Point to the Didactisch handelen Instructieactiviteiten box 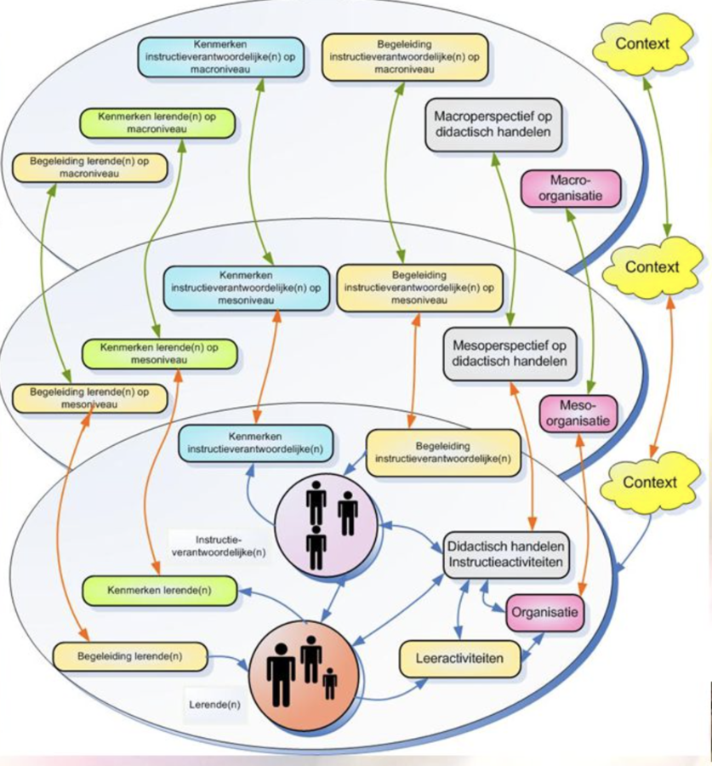(x=505, y=555)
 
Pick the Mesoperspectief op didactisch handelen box (x=510, y=354)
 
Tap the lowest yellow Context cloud (x=651, y=483)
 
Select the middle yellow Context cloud (x=652, y=267)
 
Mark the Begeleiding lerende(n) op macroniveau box (x=88, y=168)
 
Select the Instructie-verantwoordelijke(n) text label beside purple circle (x=219, y=546)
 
